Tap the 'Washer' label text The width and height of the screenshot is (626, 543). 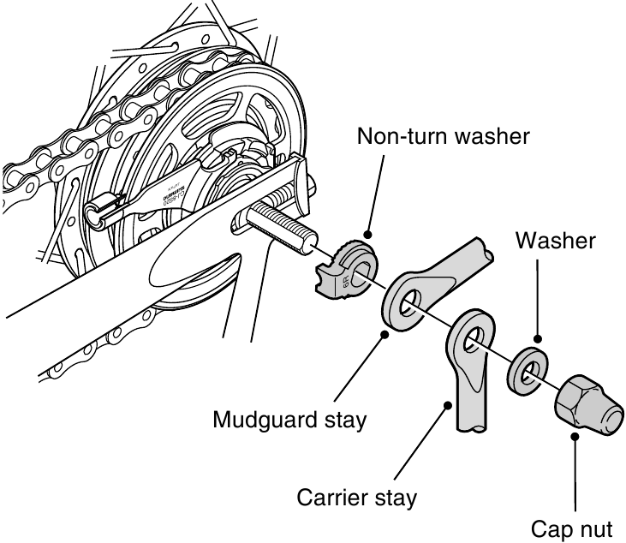(555, 242)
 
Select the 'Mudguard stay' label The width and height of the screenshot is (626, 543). (289, 420)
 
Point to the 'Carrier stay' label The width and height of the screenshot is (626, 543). (356, 497)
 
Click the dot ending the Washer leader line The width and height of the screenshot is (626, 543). (538, 341)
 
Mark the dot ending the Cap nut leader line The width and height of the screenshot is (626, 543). (576, 435)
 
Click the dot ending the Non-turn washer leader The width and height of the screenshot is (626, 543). (368, 233)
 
